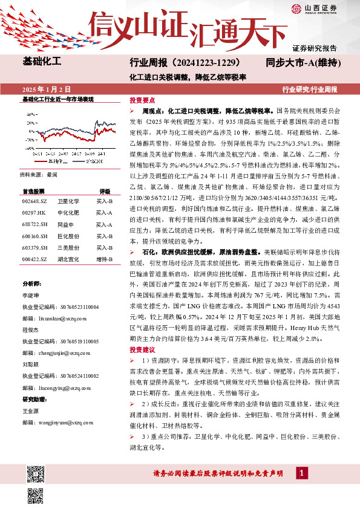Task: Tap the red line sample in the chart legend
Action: [x=41, y=162]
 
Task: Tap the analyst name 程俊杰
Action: [x=31, y=331]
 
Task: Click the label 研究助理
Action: [x=34, y=400]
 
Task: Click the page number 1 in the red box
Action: [x=301, y=473]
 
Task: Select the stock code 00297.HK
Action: [x=33, y=213]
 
